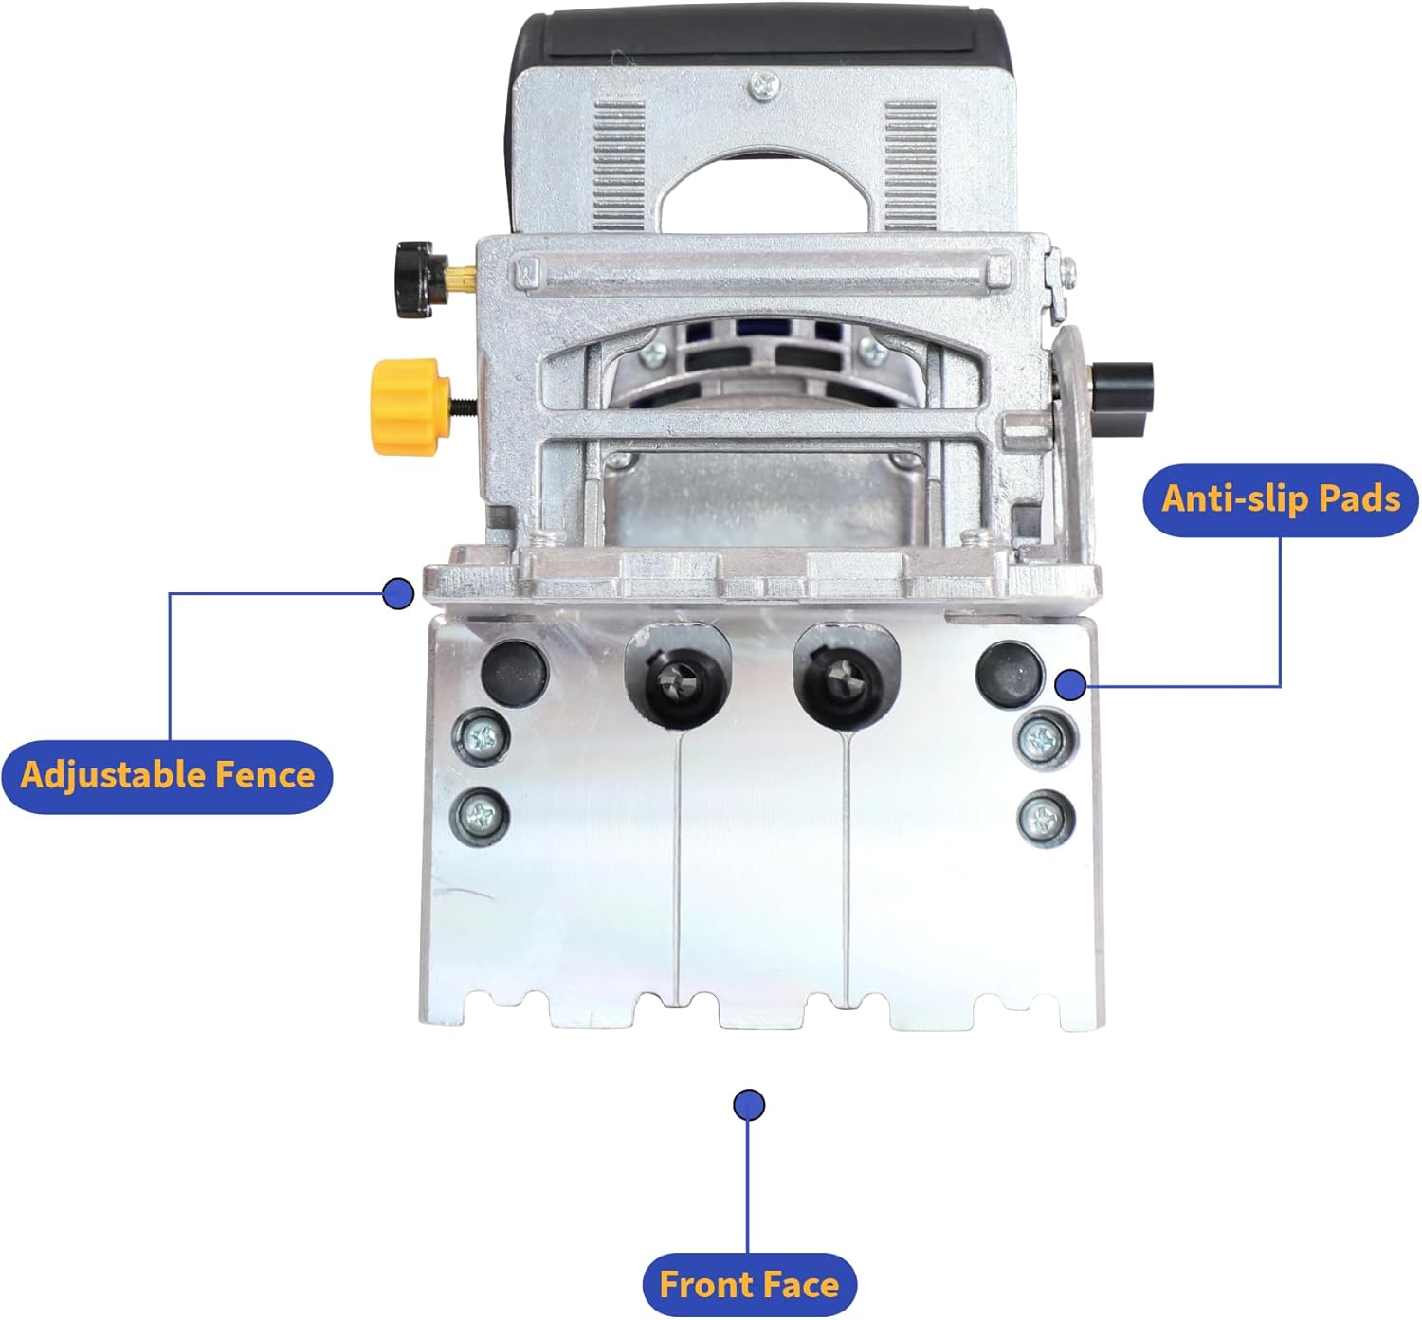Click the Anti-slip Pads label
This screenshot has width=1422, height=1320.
[x=1280, y=499]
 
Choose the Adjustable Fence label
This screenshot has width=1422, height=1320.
[x=168, y=775]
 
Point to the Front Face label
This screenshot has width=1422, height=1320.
[x=749, y=1283]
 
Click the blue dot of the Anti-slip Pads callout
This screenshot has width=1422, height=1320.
[x=1070, y=685]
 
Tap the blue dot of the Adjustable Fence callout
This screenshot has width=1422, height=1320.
[x=398, y=593]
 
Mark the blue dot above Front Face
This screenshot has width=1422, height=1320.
[x=749, y=1105]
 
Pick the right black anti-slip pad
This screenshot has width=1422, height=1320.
[x=1010, y=673]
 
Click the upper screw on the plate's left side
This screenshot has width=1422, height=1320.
[x=482, y=737]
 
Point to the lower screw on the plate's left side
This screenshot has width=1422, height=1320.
[x=481, y=815]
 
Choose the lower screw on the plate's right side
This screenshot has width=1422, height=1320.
[x=1046, y=817]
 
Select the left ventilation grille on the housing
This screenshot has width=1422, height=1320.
[x=619, y=165]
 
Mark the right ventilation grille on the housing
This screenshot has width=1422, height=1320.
[x=911, y=166]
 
